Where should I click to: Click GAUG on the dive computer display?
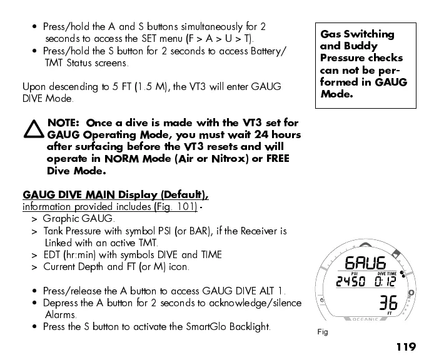(365, 263)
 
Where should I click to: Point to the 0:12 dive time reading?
(385, 282)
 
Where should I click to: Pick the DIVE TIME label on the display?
(386, 272)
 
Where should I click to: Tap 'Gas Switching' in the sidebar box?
(357, 34)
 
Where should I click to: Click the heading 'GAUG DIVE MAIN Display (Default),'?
(116, 194)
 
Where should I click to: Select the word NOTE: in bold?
(64, 122)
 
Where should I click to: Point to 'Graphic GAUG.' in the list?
(78, 219)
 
